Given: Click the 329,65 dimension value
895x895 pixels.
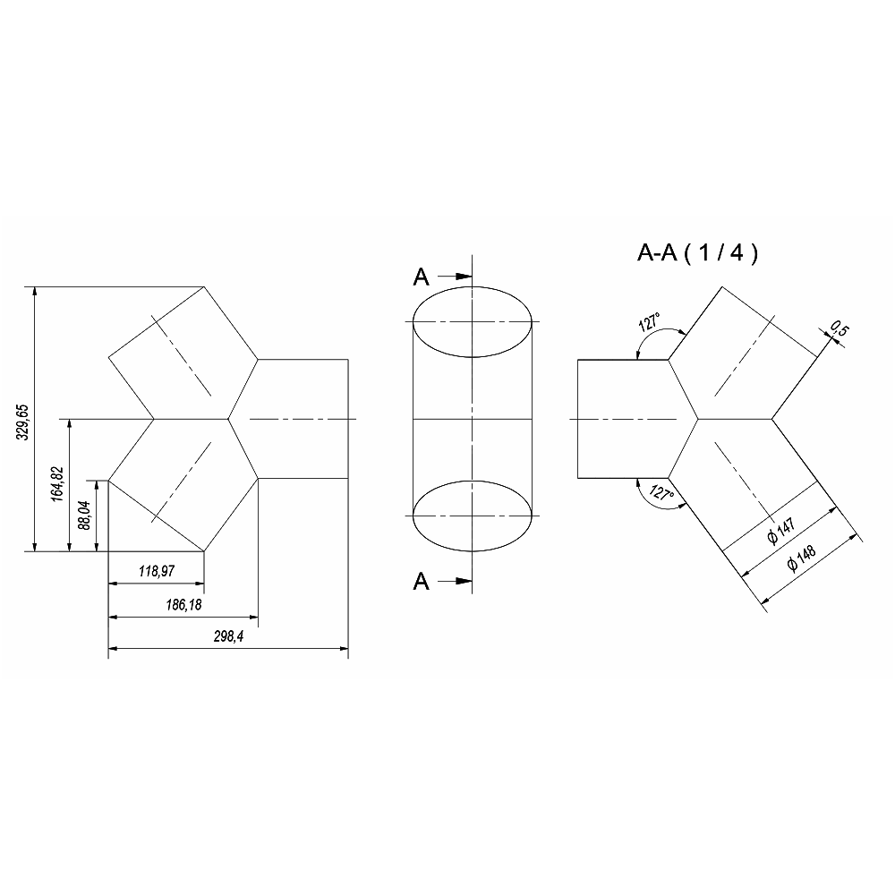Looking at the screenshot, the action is click(x=22, y=422).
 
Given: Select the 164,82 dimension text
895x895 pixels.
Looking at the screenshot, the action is click(x=57, y=484).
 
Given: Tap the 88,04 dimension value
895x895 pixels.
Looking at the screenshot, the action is click(x=84, y=516).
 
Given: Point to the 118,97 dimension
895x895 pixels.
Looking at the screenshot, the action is click(x=157, y=571).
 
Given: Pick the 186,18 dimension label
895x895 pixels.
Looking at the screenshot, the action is click(x=183, y=605).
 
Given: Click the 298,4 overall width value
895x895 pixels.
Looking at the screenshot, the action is click(x=229, y=636).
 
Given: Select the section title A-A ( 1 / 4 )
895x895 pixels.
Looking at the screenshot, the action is click(x=697, y=252).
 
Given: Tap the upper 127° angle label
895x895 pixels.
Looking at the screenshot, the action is click(x=650, y=322).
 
